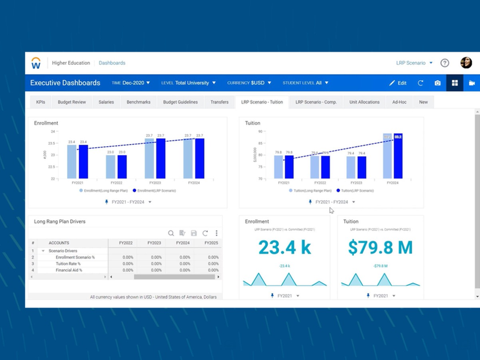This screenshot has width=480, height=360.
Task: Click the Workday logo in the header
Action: (36, 63)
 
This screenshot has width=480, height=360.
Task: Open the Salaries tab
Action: (106, 102)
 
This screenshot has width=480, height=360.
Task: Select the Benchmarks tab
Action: (139, 102)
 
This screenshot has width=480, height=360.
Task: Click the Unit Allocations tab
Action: (364, 102)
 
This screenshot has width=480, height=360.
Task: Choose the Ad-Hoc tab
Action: (399, 102)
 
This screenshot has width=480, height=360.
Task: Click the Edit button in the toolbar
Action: (398, 83)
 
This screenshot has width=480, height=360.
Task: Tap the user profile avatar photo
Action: (466, 63)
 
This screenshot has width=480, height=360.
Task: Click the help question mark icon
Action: (445, 63)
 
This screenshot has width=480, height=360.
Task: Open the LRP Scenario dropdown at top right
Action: (414, 63)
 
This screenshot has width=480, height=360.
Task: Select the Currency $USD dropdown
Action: (249, 83)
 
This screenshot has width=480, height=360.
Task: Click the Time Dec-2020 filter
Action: (131, 83)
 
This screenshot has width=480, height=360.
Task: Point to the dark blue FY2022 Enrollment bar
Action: (122, 167)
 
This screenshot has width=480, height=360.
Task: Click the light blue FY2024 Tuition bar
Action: (387, 157)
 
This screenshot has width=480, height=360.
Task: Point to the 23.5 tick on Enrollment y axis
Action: (52, 143)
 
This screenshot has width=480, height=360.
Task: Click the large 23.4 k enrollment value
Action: (284, 247)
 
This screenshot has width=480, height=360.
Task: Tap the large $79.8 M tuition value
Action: (381, 247)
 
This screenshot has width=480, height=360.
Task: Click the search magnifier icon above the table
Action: (171, 233)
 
